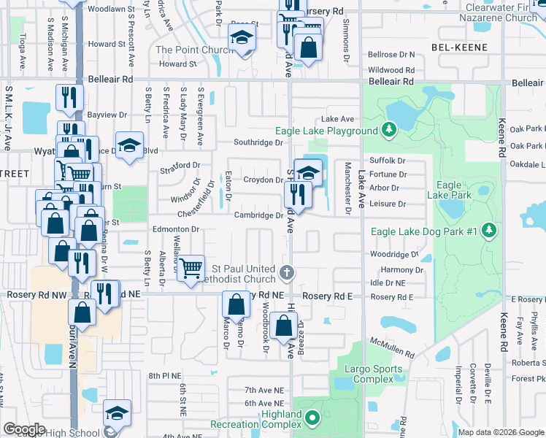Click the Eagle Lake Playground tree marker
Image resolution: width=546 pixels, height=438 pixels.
(x=390, y=131)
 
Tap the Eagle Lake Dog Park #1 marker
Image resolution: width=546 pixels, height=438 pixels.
(x=488, y=231)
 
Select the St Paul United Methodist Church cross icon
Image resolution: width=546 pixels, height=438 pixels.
(x=287, y=274)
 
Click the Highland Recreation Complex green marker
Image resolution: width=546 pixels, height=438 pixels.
(x=312, y=419)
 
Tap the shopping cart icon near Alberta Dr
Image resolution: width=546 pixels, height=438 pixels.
(x=191, y=268)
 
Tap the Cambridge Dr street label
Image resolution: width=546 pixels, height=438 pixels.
(x=258, y=215)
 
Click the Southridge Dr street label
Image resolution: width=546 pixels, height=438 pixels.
(x=258, y=142)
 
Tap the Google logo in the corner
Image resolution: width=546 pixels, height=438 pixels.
(x=24, y=429)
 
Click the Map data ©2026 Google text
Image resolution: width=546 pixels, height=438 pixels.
(x=501, y=432)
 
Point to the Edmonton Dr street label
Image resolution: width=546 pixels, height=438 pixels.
(x=175, y=228)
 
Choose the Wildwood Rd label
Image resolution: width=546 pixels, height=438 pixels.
(x=391, y=69)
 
